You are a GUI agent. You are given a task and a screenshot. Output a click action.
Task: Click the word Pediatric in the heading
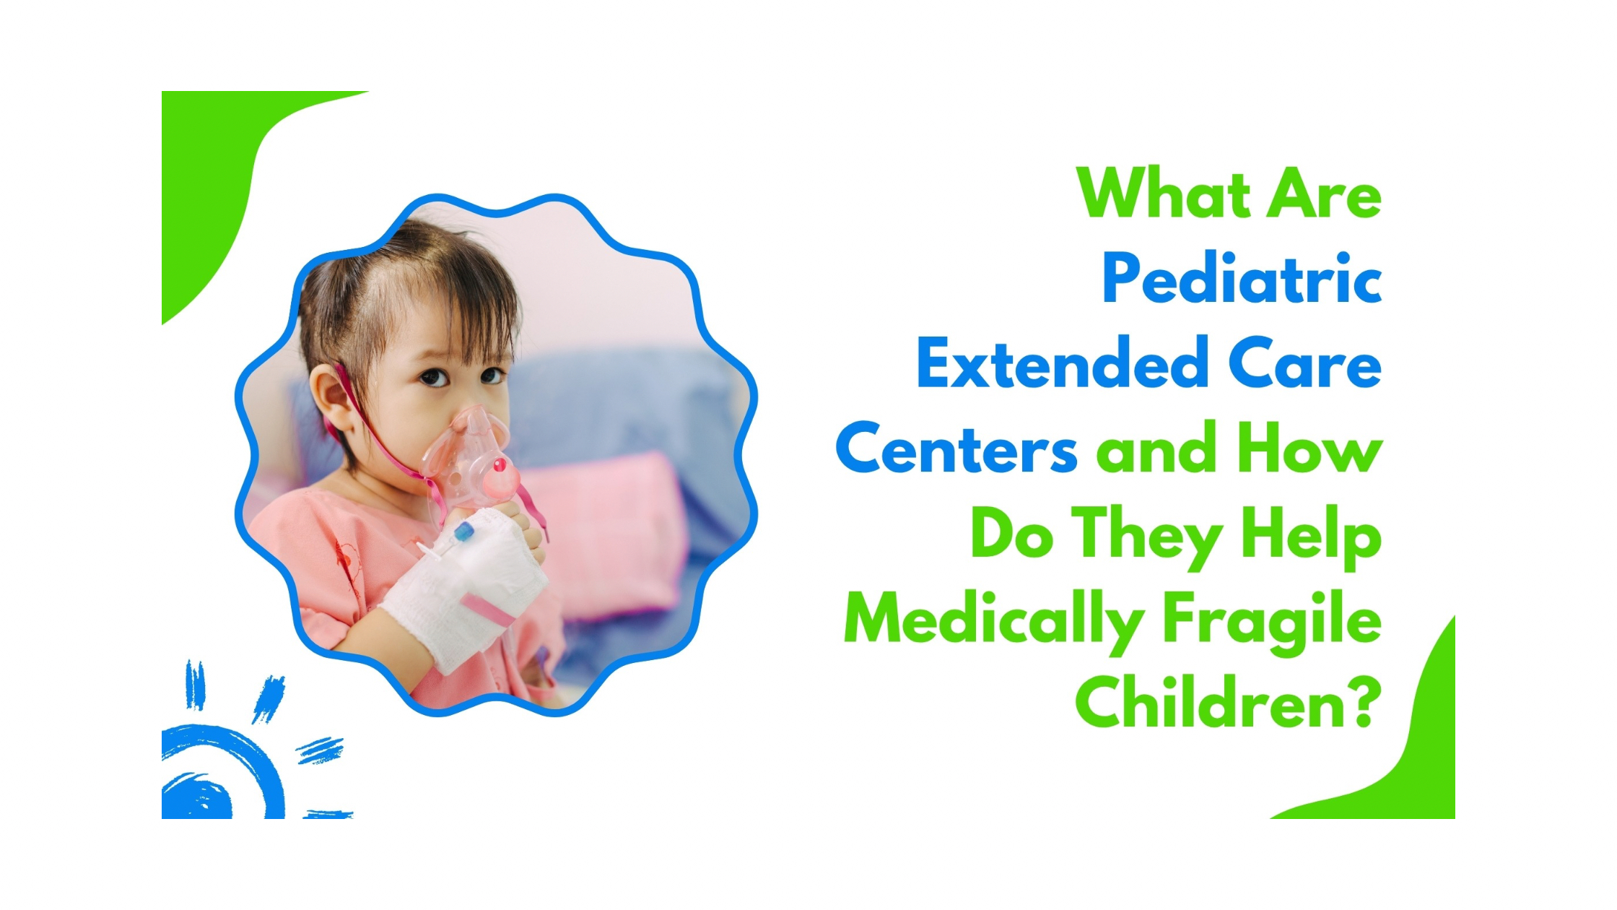(1242, 280)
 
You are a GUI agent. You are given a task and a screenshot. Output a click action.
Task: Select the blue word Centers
(956, 448)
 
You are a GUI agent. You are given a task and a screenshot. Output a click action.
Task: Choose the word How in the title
(1309, 448)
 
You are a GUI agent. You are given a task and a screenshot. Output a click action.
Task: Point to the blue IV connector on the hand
(463, 533)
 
